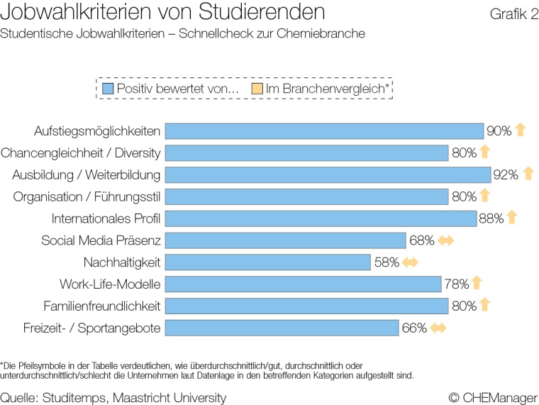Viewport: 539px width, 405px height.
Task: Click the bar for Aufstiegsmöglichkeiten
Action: coord(324,131)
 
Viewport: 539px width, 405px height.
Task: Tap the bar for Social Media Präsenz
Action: coord(285,240)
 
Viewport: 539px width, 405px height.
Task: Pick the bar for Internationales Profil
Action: coord(321,218)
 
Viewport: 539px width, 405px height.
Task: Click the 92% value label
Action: coord(506,174)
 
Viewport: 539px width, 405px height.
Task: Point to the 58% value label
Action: coord(387,262)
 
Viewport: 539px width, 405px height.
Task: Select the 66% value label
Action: coord(414,328)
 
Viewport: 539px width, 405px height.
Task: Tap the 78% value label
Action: coord(457,284)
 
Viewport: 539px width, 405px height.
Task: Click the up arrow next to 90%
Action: coord(520,131)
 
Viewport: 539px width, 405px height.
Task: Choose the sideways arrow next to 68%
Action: coord(445,240)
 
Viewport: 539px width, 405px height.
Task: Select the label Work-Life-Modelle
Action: coord(110,284)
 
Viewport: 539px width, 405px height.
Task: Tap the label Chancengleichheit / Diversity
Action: coord(81,153)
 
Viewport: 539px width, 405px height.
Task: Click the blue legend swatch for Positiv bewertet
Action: coord(108,89)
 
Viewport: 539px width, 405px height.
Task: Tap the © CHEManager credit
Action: coord(493,398)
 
